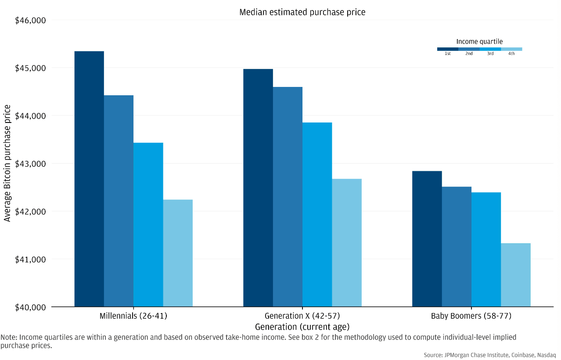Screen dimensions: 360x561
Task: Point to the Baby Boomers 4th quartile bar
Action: click(516, 275)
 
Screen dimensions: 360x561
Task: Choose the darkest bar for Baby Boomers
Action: click(427, 239)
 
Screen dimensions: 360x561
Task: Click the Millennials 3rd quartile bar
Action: click(148, 224)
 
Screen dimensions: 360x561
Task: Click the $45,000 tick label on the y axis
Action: click(30, 68)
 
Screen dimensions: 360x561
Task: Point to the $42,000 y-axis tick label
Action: click(30, 212)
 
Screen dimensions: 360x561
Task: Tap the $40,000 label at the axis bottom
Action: click(30, 307)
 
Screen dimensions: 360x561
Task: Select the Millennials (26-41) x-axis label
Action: click(133, 316)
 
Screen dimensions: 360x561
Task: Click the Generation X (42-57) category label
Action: click(302, 316)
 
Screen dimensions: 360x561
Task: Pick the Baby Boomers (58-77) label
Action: click(471, 316)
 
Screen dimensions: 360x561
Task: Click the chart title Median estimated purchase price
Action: click(302, 12)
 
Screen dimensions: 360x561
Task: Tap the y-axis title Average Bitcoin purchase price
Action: click(7, 163)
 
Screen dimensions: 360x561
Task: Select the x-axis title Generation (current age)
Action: click(302, 327)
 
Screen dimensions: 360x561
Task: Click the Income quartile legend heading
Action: click(479, 42)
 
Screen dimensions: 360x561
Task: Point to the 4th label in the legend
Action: click(511, 54)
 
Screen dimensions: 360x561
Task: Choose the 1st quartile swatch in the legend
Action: click(448, 49)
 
